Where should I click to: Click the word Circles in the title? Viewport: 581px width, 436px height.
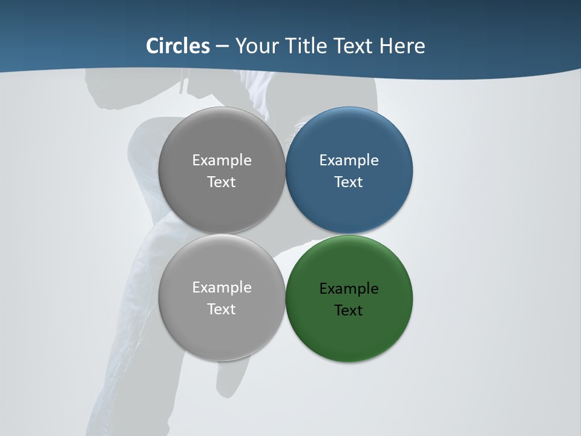point(178,46)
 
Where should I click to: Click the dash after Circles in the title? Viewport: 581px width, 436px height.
point(222,47)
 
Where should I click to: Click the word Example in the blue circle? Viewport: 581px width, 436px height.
point(349,160)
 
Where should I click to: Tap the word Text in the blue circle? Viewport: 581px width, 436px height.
point(349,182)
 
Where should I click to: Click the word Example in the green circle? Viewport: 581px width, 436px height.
point(349,289)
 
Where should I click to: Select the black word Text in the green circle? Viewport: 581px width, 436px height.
point(349,311)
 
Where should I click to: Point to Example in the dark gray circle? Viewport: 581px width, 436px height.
point(222,160)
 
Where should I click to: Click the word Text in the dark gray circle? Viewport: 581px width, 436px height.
point(222,182)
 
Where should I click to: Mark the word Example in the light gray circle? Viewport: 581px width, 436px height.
point(222,288)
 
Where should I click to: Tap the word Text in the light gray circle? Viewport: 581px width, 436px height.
point(222,309)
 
